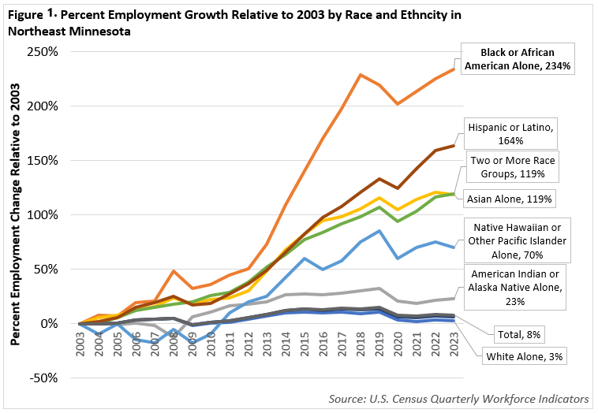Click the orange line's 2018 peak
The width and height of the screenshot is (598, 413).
(361, 75)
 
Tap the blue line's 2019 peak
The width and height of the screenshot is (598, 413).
(379, 231)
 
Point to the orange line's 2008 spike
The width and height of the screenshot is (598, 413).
(174, 271)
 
